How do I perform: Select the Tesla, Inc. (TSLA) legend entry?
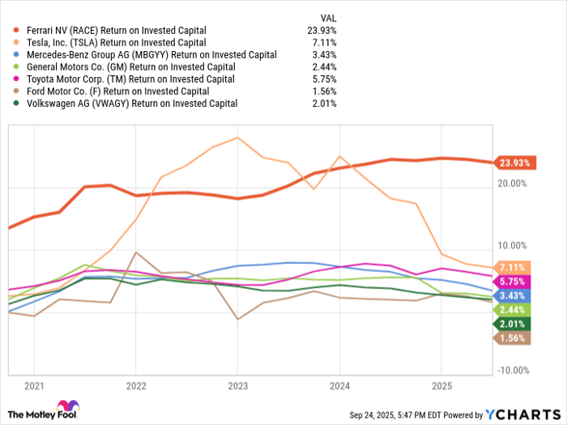tap(116, 42)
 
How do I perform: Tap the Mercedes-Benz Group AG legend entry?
tap(146, 54)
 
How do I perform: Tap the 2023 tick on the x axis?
tap(237, 386)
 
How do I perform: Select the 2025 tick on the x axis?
tap(441, 386)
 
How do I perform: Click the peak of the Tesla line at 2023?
tap(237, 138)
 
